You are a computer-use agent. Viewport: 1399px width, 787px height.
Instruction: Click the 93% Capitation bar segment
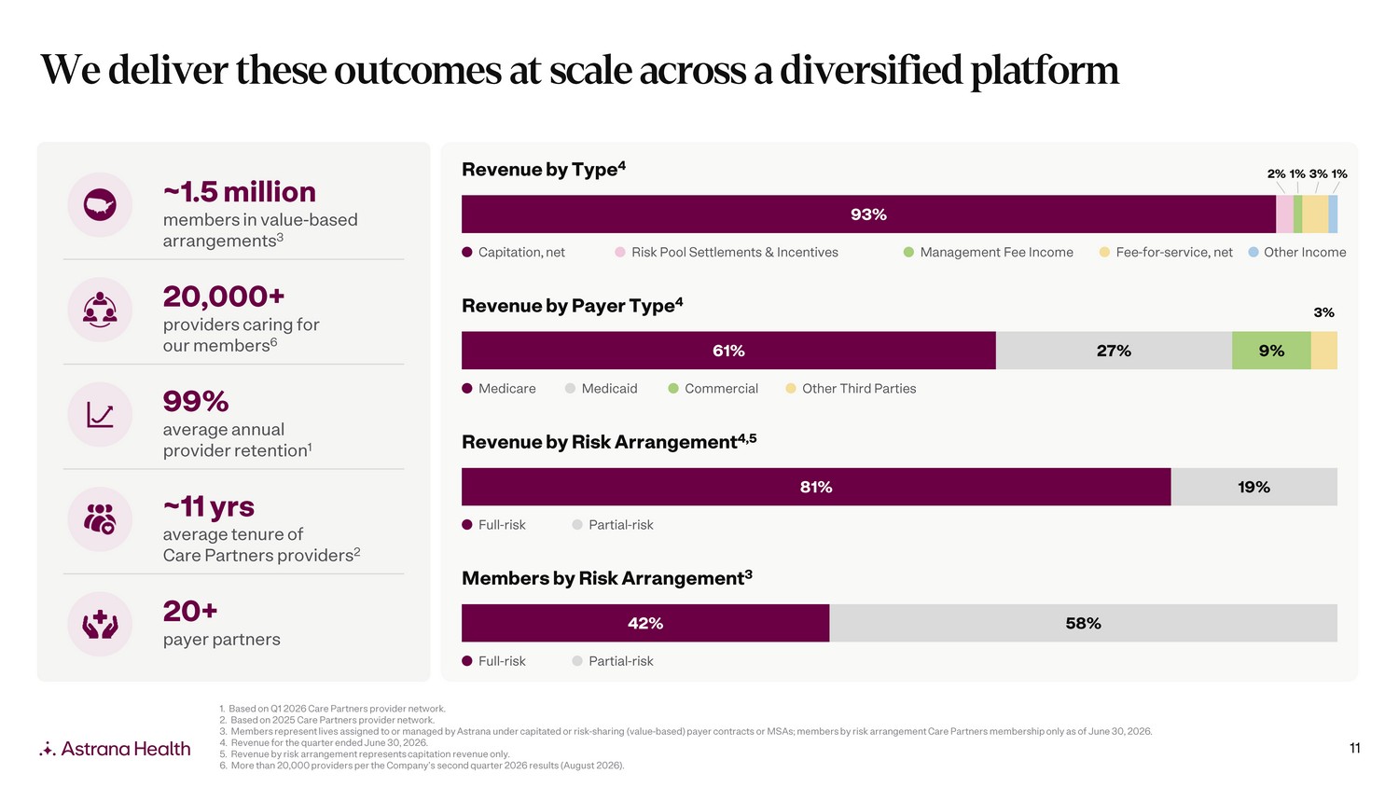[x=868, y=214]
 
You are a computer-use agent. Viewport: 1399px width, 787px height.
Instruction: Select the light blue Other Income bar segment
[x=1333, y=214]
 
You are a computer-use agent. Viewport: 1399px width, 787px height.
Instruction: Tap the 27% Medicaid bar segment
[x=1114, y=351]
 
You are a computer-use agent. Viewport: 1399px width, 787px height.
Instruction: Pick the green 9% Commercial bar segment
[x=1271, y=351]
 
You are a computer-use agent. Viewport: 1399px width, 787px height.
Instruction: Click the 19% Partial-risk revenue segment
[x=1254, y=487]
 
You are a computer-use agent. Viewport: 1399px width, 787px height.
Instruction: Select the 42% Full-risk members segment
[x=645, y=623]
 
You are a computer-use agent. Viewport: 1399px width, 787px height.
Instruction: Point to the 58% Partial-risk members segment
[x=1084, y=623]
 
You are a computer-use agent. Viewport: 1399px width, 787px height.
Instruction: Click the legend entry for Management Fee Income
[x=988, y=253]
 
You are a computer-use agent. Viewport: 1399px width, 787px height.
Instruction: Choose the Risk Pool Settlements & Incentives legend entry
[x=727, y=253]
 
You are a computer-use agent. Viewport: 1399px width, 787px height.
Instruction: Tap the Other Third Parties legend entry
[x=851, y=389]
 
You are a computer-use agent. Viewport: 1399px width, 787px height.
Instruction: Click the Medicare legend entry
[x=498, y=389]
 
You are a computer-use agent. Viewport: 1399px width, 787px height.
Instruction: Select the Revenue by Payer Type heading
[x=572, y=306]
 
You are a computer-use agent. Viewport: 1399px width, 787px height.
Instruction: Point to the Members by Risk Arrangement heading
[x=606, y=578]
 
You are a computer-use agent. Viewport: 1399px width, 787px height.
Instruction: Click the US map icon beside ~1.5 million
[x=100, y=205]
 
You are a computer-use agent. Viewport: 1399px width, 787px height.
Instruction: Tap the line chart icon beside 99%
[x=100, y=415]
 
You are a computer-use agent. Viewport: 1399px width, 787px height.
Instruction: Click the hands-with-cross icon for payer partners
[x=100, y=625]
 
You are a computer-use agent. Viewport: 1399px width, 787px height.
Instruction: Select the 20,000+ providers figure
[x=224, y=297]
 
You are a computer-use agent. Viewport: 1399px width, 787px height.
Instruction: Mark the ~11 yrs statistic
[x=209, y=506]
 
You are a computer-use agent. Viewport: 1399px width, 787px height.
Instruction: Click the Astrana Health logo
[x=115, y=748]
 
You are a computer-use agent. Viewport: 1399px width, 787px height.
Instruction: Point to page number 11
[x=1354, y=748]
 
